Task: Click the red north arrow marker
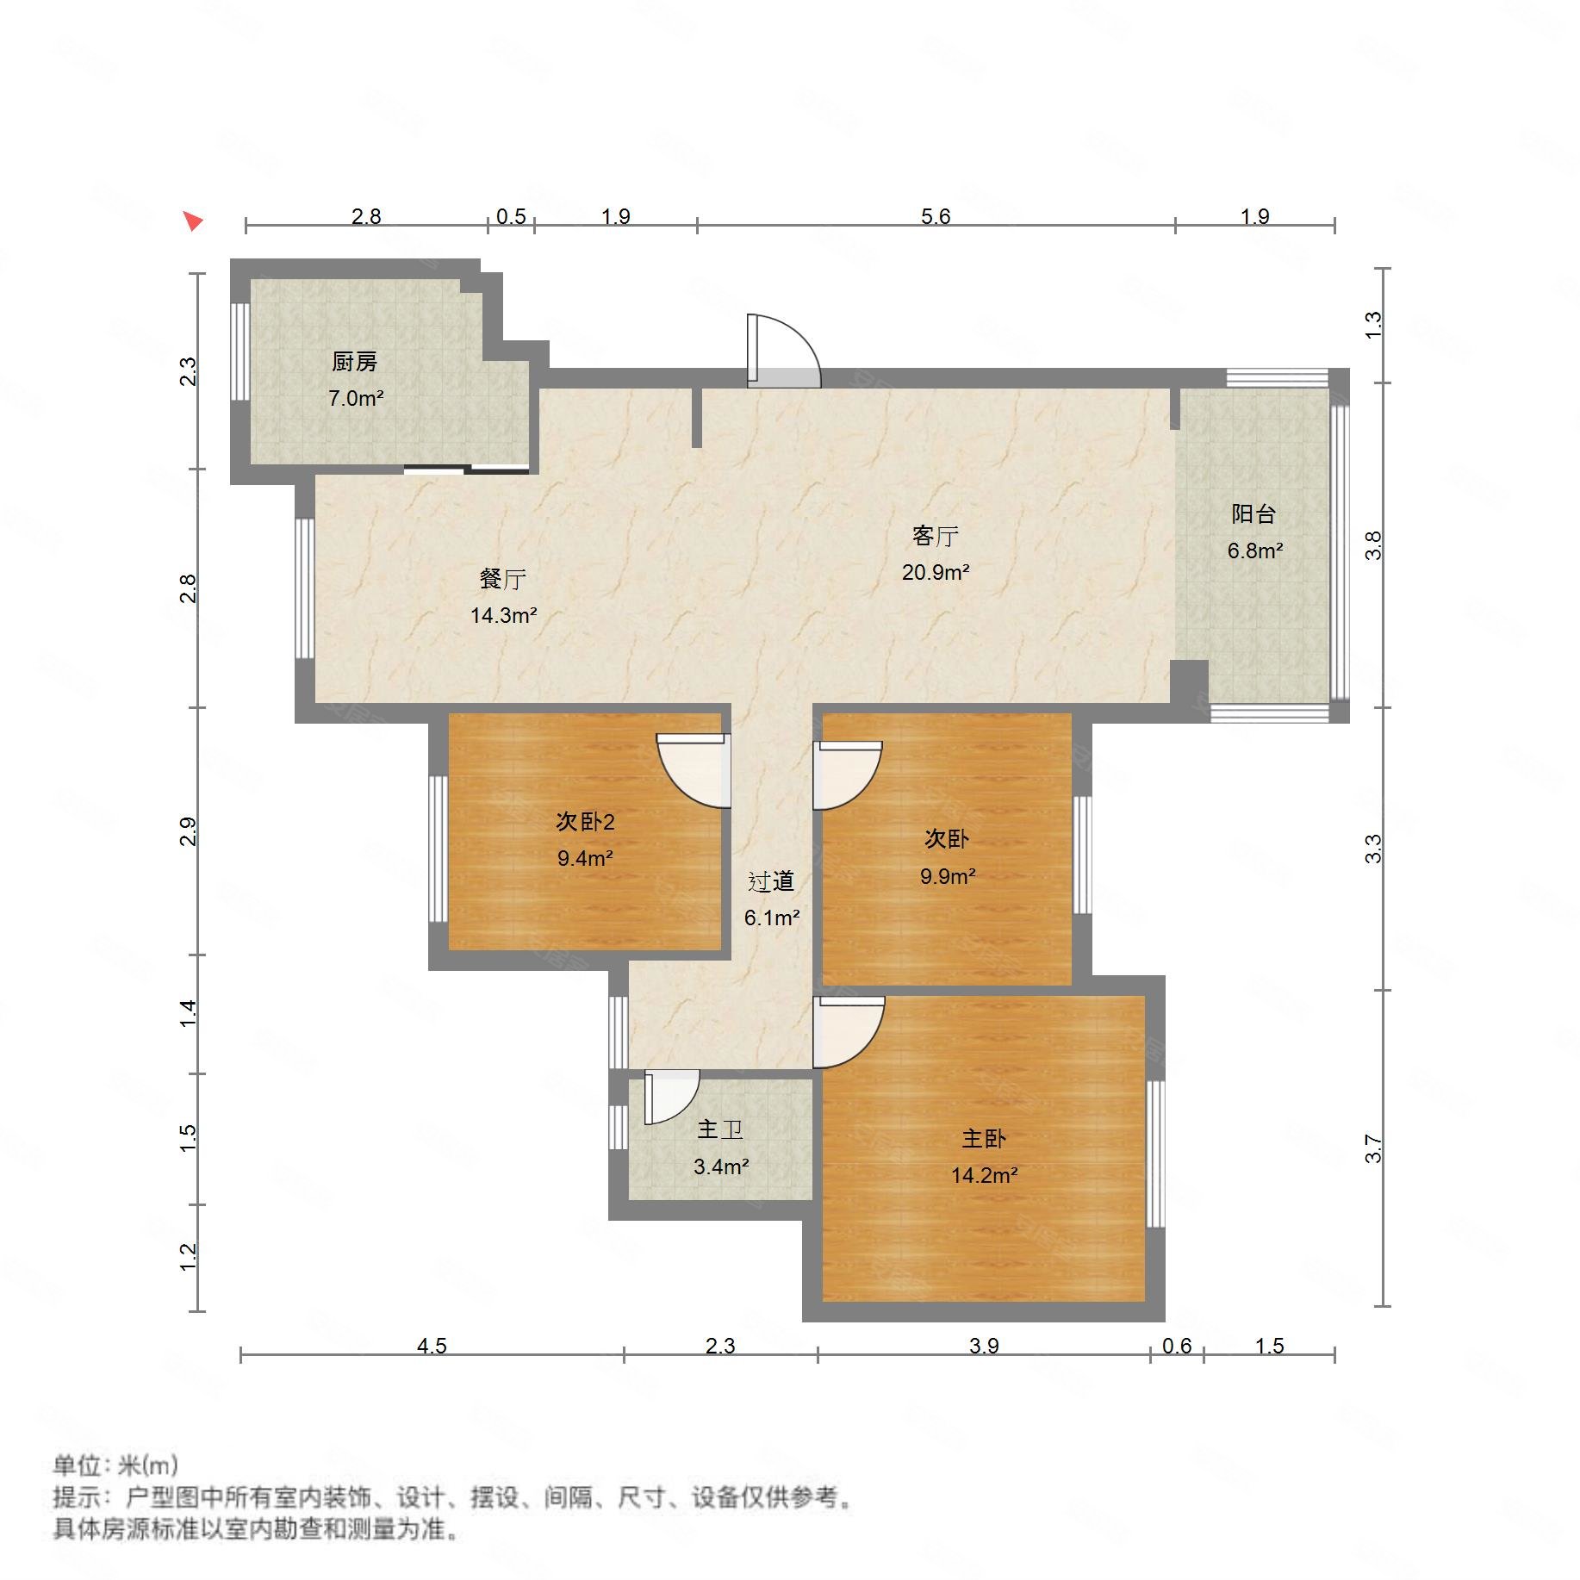tap(193, 221)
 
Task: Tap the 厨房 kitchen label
tap(354, 362)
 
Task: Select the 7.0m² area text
tap(355, 398)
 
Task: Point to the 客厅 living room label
tap(935, 536)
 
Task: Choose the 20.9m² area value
tap(935, 572)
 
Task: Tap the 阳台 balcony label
tap(1253, 514)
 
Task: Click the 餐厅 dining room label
tap(502, 578)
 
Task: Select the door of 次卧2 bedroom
tap(694, 769)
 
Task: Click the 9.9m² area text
tap(947, 876)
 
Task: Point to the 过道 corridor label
tap(770, 880)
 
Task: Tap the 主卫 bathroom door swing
tap(669, 1095)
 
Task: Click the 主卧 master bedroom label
tap(983, 1138)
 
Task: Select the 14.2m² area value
tap(984, 1175)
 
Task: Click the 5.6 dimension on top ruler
tap(935, 215)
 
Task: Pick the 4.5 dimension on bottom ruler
tap(432, 1346)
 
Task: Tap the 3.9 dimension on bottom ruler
tap(983, 1346)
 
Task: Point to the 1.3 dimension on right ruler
tap(1372, 324)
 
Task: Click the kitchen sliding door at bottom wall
tap(466, 470)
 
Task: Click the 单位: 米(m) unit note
tap(116, 1465)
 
